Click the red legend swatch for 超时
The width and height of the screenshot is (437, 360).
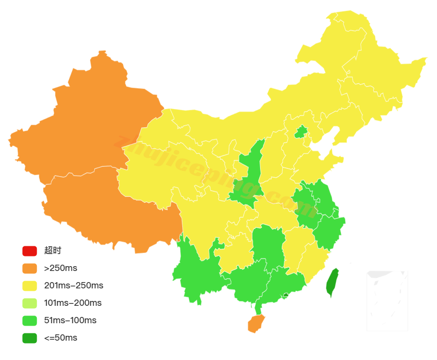point(29,251)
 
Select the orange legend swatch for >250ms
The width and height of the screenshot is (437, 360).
point(29,268)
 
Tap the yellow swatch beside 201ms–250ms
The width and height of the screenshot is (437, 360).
point(29,285)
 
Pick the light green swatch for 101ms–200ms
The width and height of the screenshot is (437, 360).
point(29,303)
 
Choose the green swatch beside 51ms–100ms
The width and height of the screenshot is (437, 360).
point(29,320)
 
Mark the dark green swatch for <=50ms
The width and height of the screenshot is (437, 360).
point(29,338)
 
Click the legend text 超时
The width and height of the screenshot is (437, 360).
point(53,251)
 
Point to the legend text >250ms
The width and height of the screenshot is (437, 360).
point(60,268)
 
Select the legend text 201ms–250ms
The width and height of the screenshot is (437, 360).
point(73,285)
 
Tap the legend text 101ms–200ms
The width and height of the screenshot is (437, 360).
point(73,303)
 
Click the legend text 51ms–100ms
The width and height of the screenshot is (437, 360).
point(70,320)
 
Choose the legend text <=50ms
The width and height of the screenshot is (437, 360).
point(60,338)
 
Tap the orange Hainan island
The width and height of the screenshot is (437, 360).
point(256,324)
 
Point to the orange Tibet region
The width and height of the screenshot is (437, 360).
point(111,208)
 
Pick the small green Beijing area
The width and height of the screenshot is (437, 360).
point(301,132)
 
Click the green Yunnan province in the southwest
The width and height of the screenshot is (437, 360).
point(196,271)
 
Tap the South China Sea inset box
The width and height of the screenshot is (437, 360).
point(387,300)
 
